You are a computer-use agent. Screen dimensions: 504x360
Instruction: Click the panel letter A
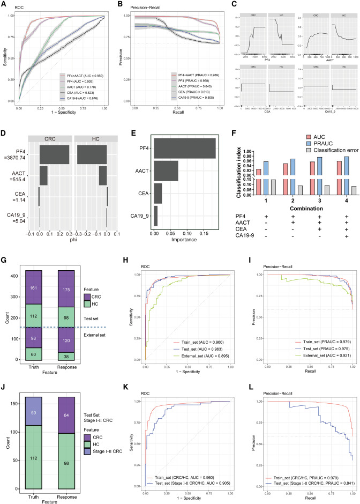[4, 5]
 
